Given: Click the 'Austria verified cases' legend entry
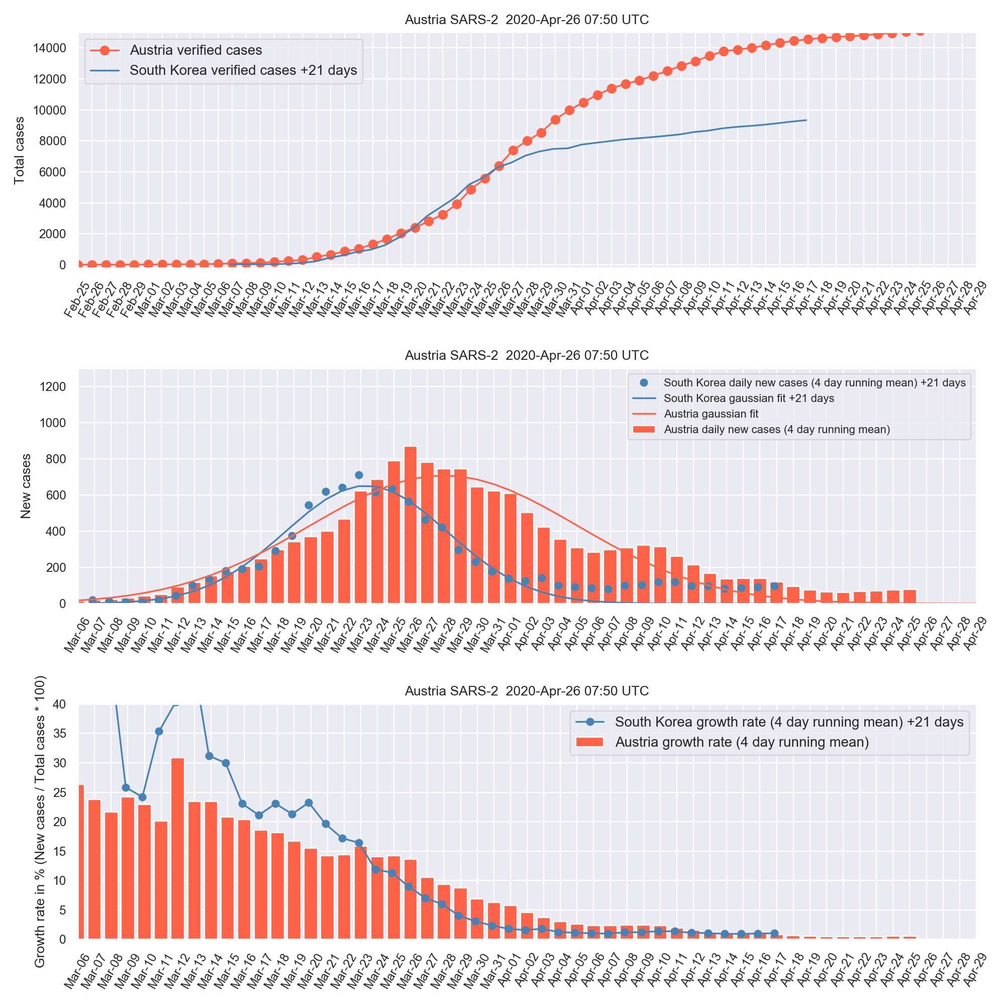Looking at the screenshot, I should coord(195,50).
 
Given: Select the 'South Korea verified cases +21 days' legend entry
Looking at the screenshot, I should coord(243,70).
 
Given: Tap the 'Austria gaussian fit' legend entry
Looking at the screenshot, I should coord(711,414).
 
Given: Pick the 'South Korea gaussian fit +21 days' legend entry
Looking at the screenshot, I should coord(749,398).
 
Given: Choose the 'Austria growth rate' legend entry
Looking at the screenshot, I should coord(742,742).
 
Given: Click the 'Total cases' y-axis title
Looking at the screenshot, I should coord(20,150).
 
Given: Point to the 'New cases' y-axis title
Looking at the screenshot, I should coord(26,486).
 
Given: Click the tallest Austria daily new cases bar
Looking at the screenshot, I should coord(411,524).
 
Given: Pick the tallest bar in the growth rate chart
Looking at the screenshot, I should coord(178,848).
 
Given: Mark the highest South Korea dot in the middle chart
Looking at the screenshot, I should coord(359,475).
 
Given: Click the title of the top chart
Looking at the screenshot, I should coord(527,20).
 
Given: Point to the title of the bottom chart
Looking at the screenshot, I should coord(527,691).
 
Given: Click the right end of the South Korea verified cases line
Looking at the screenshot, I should coord(806,120).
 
